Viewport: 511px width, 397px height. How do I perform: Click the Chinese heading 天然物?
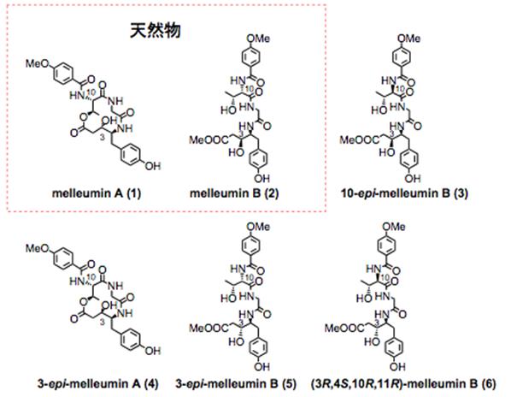(x=156, y=31)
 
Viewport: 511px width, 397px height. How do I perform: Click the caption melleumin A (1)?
(x=97, y=193)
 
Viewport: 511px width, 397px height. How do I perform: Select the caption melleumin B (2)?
(x=234, y=193)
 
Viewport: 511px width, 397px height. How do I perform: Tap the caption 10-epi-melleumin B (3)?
(x=404, y=193)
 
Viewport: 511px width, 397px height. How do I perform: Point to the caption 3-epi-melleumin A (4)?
(x=97, y=383)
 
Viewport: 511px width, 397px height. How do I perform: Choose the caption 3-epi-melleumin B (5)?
(x=236, y=383)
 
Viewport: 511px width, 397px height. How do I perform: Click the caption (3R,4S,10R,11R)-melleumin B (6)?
(x=403, y=383)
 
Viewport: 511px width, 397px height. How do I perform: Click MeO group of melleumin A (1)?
(x=37, y=63)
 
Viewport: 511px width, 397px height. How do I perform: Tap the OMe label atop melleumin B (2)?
(x=258, y=39)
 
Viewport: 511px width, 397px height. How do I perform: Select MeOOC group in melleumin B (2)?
(x=209, y=140)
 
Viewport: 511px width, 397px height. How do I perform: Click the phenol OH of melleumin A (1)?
(x=153, y=166)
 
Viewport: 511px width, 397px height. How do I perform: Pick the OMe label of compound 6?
(x=394, y=227)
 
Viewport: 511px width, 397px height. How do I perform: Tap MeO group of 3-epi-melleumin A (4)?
(x=37, y=249)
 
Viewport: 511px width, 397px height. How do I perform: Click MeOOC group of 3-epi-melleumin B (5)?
(x=209, y=328)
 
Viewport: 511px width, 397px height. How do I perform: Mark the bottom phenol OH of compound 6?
(x=397, y=367)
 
